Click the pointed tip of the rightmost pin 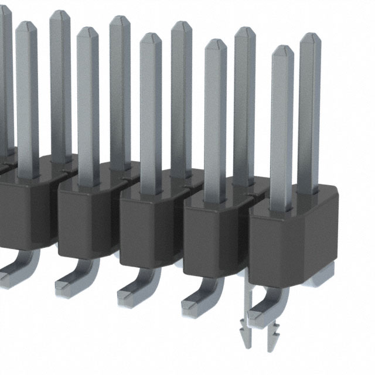[310, 37]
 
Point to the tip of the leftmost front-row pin [26, 25]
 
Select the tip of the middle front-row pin [151, 37]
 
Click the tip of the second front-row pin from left [87, 31]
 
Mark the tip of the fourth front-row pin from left [216, 43]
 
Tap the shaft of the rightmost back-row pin [309, 117]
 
